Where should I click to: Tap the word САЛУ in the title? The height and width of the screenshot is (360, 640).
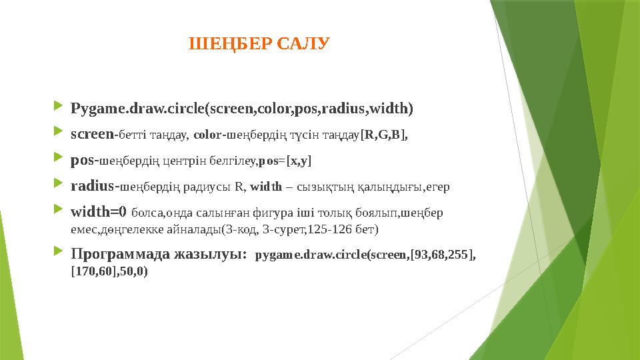point(303,44)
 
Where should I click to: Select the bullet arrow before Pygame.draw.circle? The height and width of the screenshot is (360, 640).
point(58,106)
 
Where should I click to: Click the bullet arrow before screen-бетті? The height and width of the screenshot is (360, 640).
point(58,131)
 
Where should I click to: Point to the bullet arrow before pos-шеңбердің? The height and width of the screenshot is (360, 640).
point(58,157)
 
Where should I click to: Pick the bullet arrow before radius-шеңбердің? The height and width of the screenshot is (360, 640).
point(58,183)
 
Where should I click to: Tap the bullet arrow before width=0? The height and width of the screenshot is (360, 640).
point(58,209)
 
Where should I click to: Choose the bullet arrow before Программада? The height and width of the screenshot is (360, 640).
point(58,251)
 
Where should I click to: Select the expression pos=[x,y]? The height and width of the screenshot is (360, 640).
point(285,161)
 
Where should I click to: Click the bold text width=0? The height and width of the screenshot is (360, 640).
point(99,212)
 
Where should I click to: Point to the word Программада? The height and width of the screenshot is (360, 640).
point(120,254)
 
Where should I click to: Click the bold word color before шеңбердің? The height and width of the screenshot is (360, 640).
point(208,135)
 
